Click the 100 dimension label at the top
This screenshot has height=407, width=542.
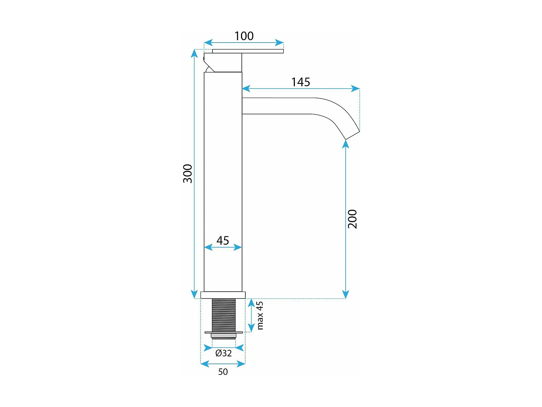click(244, 36)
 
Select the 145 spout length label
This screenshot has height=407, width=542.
click(301, 82)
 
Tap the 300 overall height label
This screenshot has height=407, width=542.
click(188, 174)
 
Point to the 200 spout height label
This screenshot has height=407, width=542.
click(352, 219)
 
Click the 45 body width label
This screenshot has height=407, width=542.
click(223, 240)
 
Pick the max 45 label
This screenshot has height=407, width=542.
click(260, 315)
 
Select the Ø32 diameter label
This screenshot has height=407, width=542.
click(223, 353)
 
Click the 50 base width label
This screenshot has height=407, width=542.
click(223, 372)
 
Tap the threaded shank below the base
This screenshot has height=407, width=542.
click(224, 315)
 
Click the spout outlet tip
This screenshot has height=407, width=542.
click(353, 135)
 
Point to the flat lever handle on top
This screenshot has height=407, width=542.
click(248, 51)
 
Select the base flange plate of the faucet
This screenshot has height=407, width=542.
click(223, 295)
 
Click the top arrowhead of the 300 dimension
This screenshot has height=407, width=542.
click(194, 53)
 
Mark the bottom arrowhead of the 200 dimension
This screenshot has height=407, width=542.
click(346, 294)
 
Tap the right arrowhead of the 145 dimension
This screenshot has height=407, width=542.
click(356, 89)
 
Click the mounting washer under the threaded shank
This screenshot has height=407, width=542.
click(224, 332)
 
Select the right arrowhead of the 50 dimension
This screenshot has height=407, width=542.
click(242, 364)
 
